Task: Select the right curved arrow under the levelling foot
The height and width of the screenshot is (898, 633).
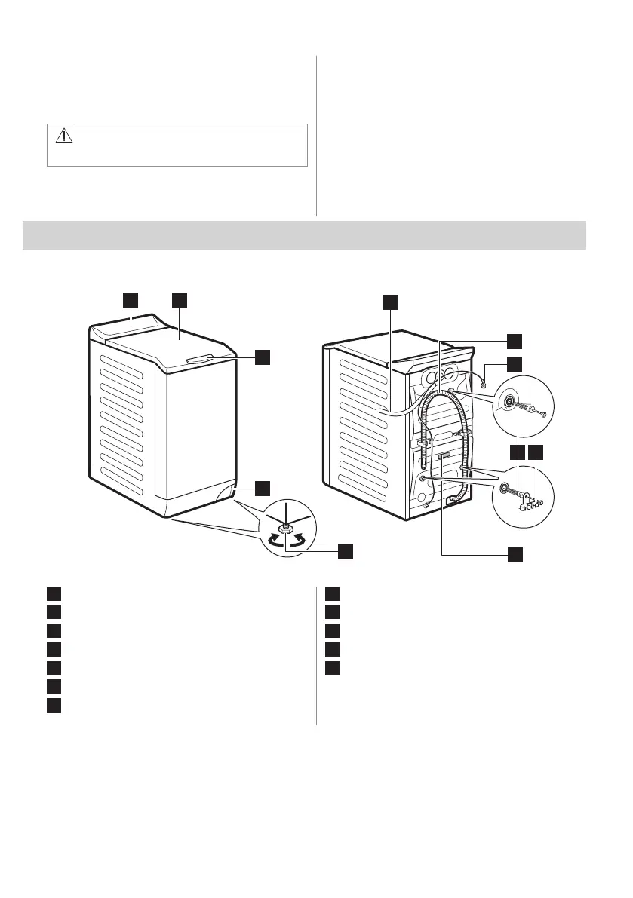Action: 301,540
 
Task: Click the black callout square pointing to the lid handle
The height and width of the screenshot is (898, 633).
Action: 261,357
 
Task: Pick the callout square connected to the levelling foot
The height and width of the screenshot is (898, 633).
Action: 345,550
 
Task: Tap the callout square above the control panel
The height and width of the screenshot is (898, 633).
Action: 131,301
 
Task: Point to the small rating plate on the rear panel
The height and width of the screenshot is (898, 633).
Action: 443,456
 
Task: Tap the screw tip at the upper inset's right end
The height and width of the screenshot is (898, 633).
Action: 543,413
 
